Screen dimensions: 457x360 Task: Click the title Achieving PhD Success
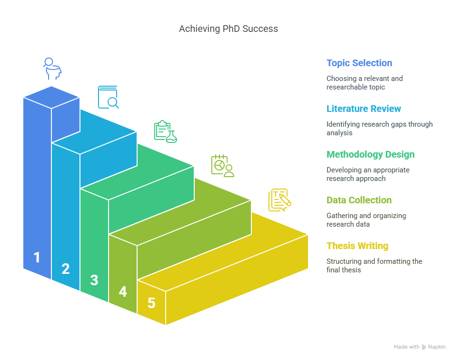click(228, 29)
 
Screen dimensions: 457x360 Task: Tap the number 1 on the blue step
click(37, 258)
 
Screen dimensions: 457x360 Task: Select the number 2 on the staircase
click(66, 269)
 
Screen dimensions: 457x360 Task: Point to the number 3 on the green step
click(94, 280)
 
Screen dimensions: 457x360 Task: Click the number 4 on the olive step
click(123, 291)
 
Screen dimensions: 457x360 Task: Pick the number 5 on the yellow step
click(151, 303)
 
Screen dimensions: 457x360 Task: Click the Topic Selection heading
click(359, 63)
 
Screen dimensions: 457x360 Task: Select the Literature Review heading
click(363, 109)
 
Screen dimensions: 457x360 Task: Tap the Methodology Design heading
click(370, 154)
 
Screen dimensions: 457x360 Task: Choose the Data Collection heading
click(359, 200)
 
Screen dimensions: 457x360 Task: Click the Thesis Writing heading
click(358, 246)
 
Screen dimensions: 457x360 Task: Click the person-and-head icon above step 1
click(52, 69)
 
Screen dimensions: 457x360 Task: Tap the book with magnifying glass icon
click(108, 97)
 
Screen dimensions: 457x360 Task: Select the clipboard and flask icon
click(166, 131)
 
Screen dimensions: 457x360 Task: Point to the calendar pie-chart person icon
click(223, 166)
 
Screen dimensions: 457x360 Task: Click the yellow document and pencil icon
click(280, 200)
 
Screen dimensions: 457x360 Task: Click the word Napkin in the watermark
click(437, 347)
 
